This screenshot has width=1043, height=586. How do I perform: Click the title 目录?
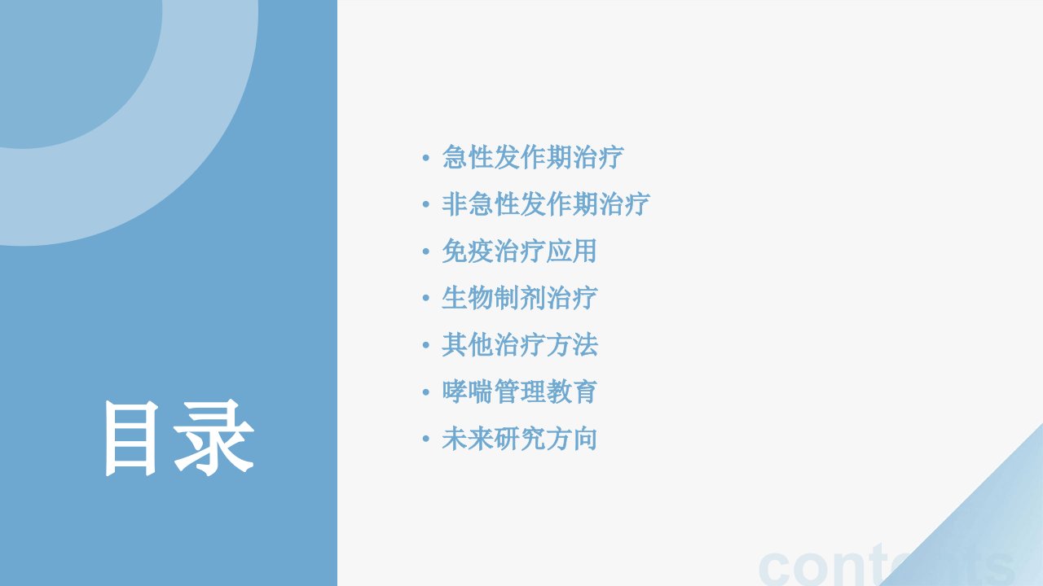[179, 438]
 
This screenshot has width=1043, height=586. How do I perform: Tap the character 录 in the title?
[214, 438]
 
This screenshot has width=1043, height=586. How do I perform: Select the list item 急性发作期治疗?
[533, 157]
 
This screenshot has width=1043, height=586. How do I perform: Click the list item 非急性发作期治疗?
[546, 203]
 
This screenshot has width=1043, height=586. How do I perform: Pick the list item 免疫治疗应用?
[519, 251]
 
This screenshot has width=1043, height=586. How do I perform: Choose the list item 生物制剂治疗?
[519, 298]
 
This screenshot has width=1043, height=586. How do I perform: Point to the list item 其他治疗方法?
[520, 344]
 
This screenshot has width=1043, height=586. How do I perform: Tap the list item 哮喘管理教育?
[519, 391]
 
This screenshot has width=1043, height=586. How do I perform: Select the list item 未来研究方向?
[519, 439]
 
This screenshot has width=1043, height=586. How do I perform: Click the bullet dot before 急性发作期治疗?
[425, 158]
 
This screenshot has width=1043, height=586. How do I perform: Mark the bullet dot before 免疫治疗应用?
[425, 251]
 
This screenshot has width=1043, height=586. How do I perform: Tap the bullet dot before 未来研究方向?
[425, 439]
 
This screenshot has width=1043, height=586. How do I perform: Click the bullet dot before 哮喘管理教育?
[425, 392]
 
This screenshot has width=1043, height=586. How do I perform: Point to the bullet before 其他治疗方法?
[425, 345]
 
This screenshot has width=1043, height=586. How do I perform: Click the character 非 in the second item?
[454, 203]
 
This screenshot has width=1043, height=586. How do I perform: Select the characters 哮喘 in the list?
[467, 391]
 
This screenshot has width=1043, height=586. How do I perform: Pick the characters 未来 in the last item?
[467, 439]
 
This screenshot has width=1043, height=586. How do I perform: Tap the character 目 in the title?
[132, 439]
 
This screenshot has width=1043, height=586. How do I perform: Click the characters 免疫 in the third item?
[467, 251]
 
